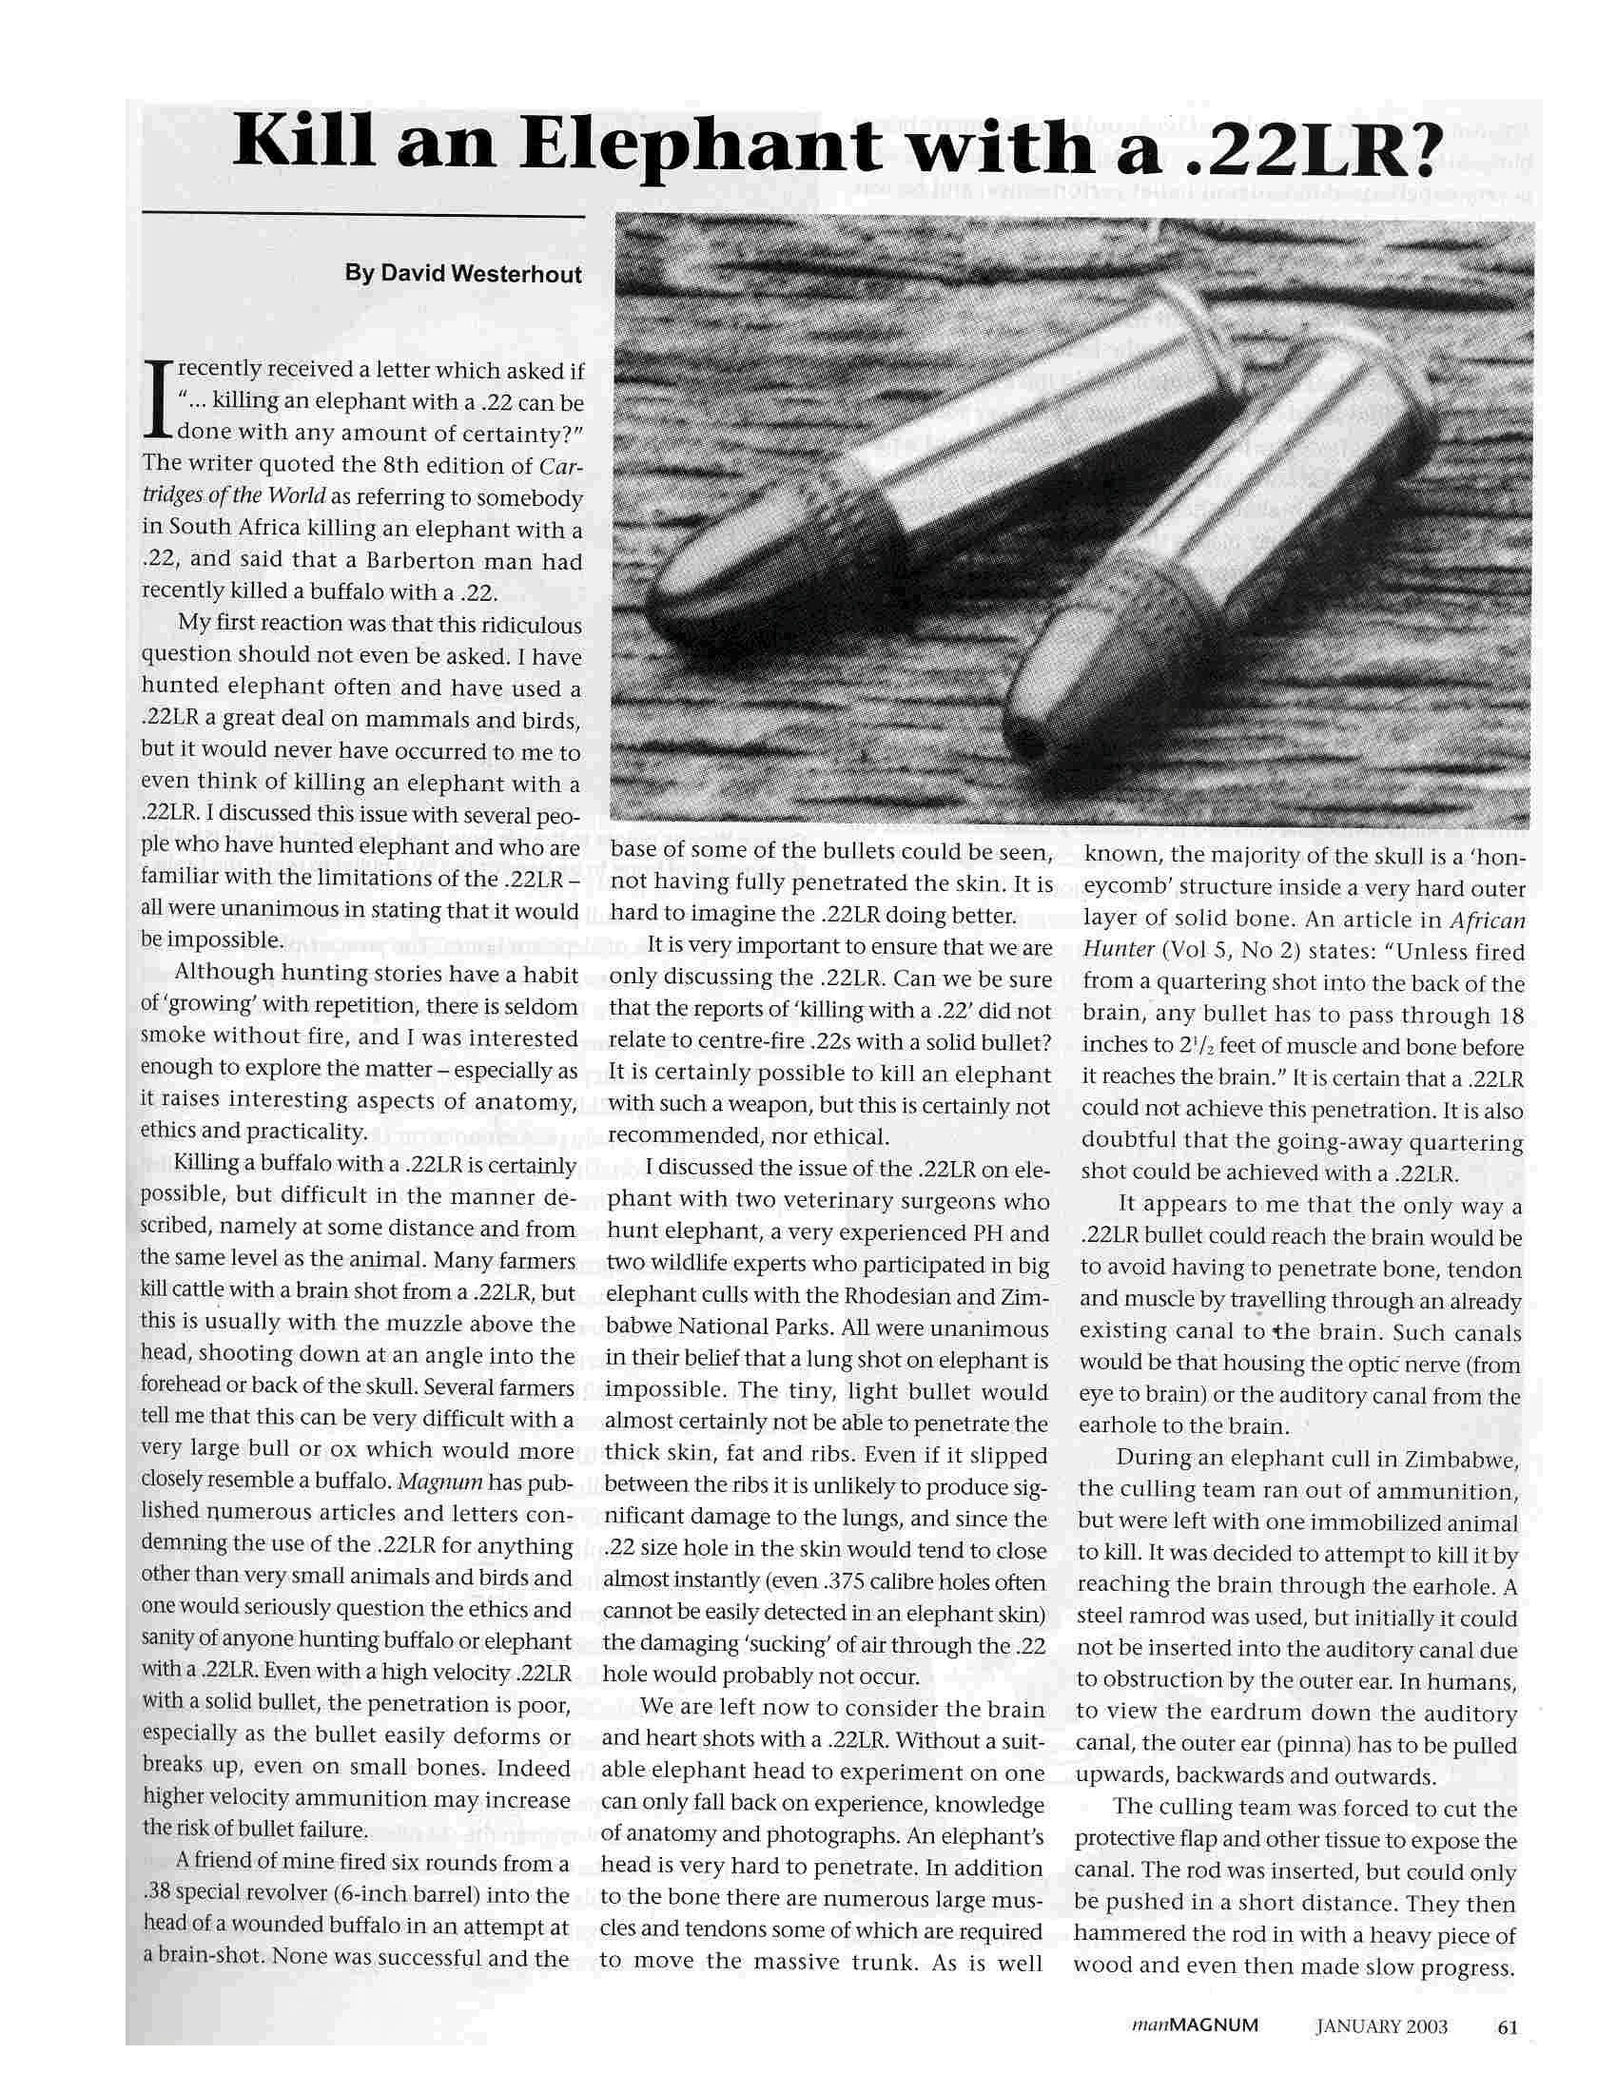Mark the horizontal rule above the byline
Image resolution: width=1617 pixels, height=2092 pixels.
click(x=362, y=219)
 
